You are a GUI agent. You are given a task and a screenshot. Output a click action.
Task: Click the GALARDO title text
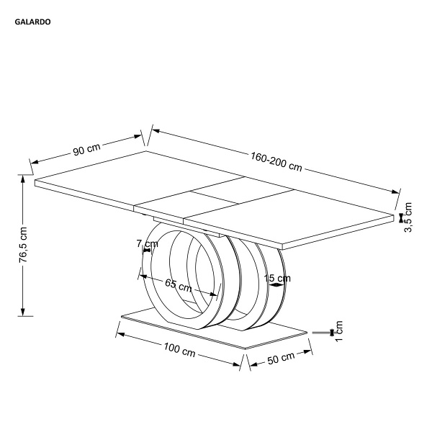click(x=32, y=22)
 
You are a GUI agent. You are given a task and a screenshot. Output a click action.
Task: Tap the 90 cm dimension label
click(x=86, y=149)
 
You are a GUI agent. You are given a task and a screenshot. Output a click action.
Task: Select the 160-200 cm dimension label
click(x=276, y=161)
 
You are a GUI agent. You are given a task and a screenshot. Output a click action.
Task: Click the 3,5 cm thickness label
click(x=408, y=217)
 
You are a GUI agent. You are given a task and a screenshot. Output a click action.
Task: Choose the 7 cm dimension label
click(x=148, y=244)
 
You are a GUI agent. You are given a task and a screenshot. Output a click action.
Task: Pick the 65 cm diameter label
click(x=179, y=285)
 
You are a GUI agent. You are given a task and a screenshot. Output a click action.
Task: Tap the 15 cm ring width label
click(x=277, y=278)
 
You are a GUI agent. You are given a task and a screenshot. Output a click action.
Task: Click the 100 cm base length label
click(x=179, y=350)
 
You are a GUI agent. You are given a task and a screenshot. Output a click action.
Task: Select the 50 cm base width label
click(x=281, y=358)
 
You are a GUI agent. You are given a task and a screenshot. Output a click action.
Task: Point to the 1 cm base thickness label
click(x=339, y=331)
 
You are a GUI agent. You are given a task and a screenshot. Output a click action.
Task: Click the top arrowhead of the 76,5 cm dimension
click(x=23, y=179)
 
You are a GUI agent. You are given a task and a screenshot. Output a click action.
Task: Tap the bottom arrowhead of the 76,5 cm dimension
click(x=23, y=312)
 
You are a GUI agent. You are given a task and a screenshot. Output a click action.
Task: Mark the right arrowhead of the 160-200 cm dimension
click(x=395, y=192)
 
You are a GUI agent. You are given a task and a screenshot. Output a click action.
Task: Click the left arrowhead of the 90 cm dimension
click(x=34, y=162)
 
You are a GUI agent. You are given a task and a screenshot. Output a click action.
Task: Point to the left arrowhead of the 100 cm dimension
click(x=121, y=335)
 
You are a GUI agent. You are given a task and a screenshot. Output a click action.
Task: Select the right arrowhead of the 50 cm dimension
click(x=307, y=352)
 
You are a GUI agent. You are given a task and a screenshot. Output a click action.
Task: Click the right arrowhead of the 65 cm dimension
click(x=214, y=294)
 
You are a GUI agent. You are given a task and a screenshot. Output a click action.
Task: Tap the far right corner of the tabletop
click(x=394, y=215)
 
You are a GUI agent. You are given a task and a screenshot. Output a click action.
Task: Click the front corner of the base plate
click(x=245, y=348)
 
